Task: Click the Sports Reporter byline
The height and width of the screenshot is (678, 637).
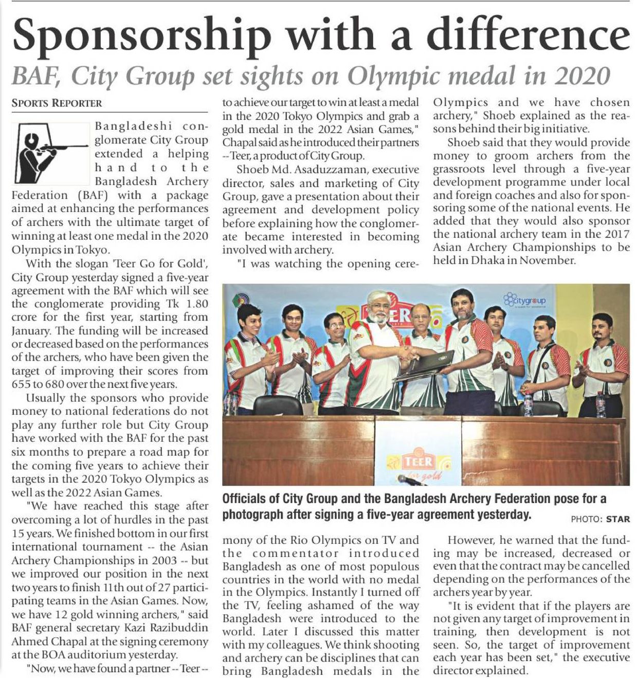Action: click(57, 103)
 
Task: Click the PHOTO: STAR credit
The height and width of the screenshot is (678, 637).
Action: click(600, 519)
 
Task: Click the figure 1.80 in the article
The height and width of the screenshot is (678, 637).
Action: click(197, 304)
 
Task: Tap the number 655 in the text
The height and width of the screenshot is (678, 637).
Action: click(22, 384)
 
